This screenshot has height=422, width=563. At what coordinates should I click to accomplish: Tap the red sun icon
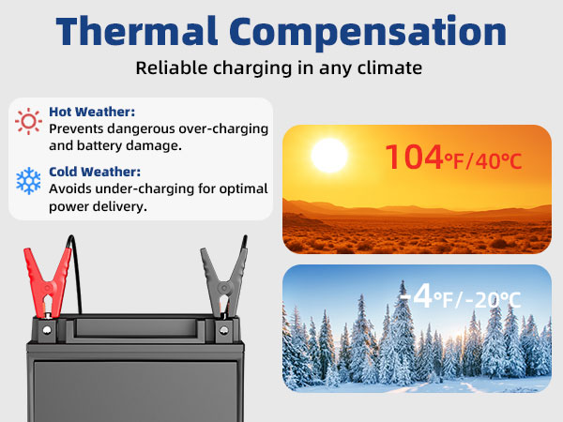(29, 121)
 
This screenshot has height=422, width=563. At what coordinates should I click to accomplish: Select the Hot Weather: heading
(93, 112)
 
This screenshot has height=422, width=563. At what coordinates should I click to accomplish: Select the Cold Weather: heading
(95, 172)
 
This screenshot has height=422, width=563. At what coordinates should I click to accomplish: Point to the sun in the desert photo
(328, 156)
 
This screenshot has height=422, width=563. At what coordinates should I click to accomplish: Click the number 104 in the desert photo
(414, 157)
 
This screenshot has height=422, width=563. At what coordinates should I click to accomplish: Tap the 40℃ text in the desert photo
(498, 160)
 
